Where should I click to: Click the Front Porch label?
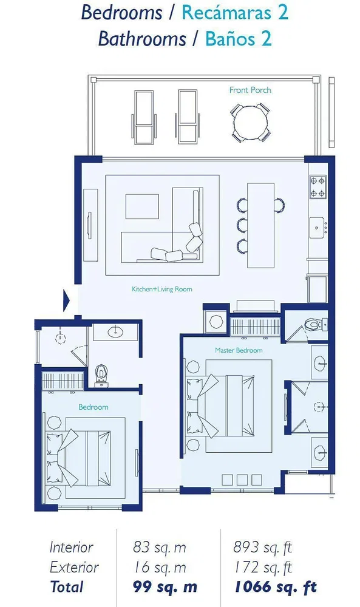pos(250,90)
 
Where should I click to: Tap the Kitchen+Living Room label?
pos(162,289)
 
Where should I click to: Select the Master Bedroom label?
pos(239,350)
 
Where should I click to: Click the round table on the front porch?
pos(251,123)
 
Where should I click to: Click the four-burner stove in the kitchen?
pos(318,186)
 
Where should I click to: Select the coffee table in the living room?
pos(142,206)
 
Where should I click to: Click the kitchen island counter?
pos(260,225)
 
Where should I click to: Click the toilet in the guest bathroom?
pos(101,375)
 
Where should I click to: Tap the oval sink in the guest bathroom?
pos(115,332)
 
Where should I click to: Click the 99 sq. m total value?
pos(165,587)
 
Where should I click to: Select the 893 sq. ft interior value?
pos(262,548)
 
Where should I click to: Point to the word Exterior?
pos(74,568)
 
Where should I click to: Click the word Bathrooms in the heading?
pos(142,39)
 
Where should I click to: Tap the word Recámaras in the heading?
pos(227,12)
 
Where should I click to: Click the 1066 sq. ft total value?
pos(275,587)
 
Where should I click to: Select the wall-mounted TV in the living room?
pos(89,226)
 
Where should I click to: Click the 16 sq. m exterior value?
pos(160,568)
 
